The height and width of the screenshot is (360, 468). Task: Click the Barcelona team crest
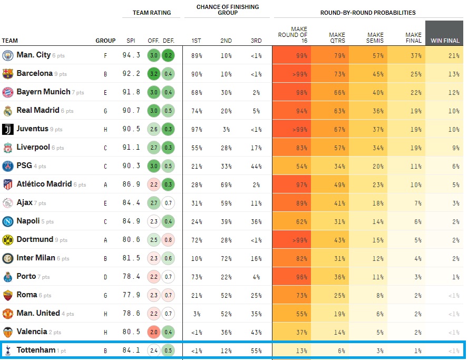pyautogui.click(x=7, y=74)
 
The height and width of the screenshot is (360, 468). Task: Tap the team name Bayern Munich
pyautogui.click(x=43, y=92)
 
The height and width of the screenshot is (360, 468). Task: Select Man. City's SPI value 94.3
pyautogui.click(x=131, y=55)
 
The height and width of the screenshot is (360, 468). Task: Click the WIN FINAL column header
pyautogui.click(x=445, y=41)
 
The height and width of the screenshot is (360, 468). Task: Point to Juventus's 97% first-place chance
pyautogui.click(x=197, y=129)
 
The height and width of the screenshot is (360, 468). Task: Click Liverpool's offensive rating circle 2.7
pyautogui.click(x=154, y=148)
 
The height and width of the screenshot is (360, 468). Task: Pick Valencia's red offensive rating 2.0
pyautogui.click(x=154, y=332)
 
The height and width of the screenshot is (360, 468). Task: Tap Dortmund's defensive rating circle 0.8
pyautogui.click(x=168, y=240)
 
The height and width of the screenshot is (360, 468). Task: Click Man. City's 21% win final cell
pyautogui.click(x=445, y=55)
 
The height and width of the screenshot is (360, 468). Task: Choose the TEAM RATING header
pyautogui.click(x=152, y=13)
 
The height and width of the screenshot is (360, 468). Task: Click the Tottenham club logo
pyautogui.click(x=7, y=351)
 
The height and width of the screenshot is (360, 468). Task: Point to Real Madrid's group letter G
pyautogui.click(x=105, y=111)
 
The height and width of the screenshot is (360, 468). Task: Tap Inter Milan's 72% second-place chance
pyautogui.click(x=226, y=258)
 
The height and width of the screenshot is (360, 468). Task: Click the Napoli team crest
pyautogui.click(x=7, y=221)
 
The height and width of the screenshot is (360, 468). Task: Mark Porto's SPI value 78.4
pyautogui.click(x=131, y=277)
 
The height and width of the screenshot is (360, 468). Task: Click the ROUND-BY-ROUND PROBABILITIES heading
pyautogui.click(x=368, y=13)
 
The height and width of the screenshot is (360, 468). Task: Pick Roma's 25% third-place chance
pyautogui.click(x=256, y=295)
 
